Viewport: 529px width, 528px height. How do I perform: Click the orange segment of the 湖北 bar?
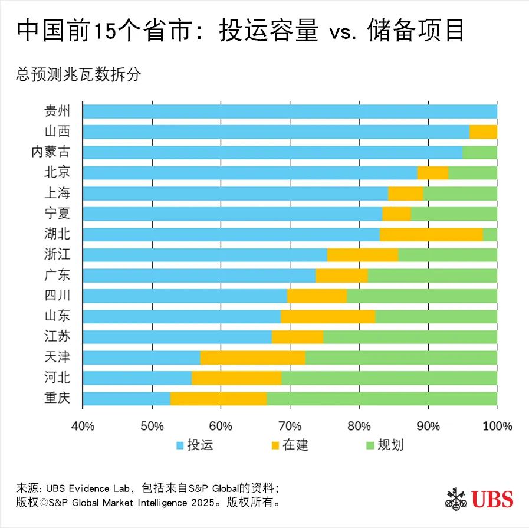tap(431, 234)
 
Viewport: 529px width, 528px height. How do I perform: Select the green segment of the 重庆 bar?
tap(382, 398)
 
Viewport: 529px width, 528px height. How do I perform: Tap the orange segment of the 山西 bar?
tap(483, 132)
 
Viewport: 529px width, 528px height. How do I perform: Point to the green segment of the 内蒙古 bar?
tap(479, 152)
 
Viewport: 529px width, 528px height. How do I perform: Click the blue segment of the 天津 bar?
tap(142, 358)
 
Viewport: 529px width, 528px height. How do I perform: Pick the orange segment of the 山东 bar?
tap(328, 316)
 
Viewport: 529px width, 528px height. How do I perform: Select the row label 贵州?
tap(57, 111)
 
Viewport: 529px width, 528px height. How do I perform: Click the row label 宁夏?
tap(57, 214)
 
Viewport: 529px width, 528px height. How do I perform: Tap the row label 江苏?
tap(57, 337)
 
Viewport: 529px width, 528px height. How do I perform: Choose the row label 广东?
tap(57, 275)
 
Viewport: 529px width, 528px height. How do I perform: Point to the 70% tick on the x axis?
tap(290, 426)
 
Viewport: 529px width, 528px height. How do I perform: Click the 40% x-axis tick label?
tap(83, 426)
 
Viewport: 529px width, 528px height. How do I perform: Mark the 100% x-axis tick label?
tap(497, 426)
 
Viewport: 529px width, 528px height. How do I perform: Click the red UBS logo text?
tap(492, 499)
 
